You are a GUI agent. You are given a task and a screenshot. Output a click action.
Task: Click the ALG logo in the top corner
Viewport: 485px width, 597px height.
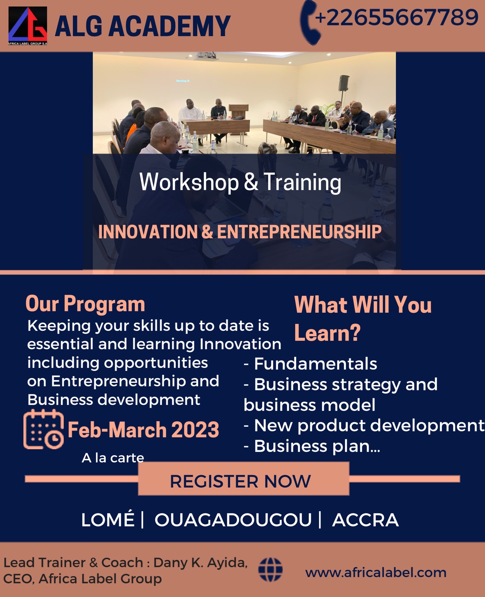click(28, 26)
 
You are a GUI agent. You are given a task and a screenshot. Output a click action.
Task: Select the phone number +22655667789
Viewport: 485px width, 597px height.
click(397, 18)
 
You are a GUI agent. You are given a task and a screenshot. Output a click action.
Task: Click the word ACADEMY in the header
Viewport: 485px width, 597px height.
click(169, 26)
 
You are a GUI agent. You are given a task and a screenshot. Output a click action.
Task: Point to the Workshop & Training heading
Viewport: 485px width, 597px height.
click(240, 182)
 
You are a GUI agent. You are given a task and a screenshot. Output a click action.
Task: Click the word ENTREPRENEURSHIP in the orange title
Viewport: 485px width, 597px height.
click(299, 232)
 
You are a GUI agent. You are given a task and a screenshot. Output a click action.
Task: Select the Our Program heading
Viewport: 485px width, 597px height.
click(85, 304)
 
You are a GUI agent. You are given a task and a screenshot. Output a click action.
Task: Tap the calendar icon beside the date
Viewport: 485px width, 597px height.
click(43, 429)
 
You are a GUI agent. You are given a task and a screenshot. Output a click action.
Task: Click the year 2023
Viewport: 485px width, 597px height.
click(195, 429)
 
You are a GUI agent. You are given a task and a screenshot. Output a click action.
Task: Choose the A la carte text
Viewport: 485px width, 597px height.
click(113, 458)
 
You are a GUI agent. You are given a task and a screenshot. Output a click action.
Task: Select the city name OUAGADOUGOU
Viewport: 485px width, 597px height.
click(233, 520)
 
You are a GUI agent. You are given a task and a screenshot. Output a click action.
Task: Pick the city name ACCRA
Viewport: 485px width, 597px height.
click(365, 520)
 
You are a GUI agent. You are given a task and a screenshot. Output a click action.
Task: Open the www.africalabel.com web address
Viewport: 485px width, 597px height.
click(376, 572)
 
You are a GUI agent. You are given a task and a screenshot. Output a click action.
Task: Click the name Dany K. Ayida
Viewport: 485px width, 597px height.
click(200, 563)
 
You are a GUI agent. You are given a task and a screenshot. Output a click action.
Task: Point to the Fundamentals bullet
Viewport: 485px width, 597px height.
click(310, 364)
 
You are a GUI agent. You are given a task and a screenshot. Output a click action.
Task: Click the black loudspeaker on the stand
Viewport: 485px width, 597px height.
click(344, 83)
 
